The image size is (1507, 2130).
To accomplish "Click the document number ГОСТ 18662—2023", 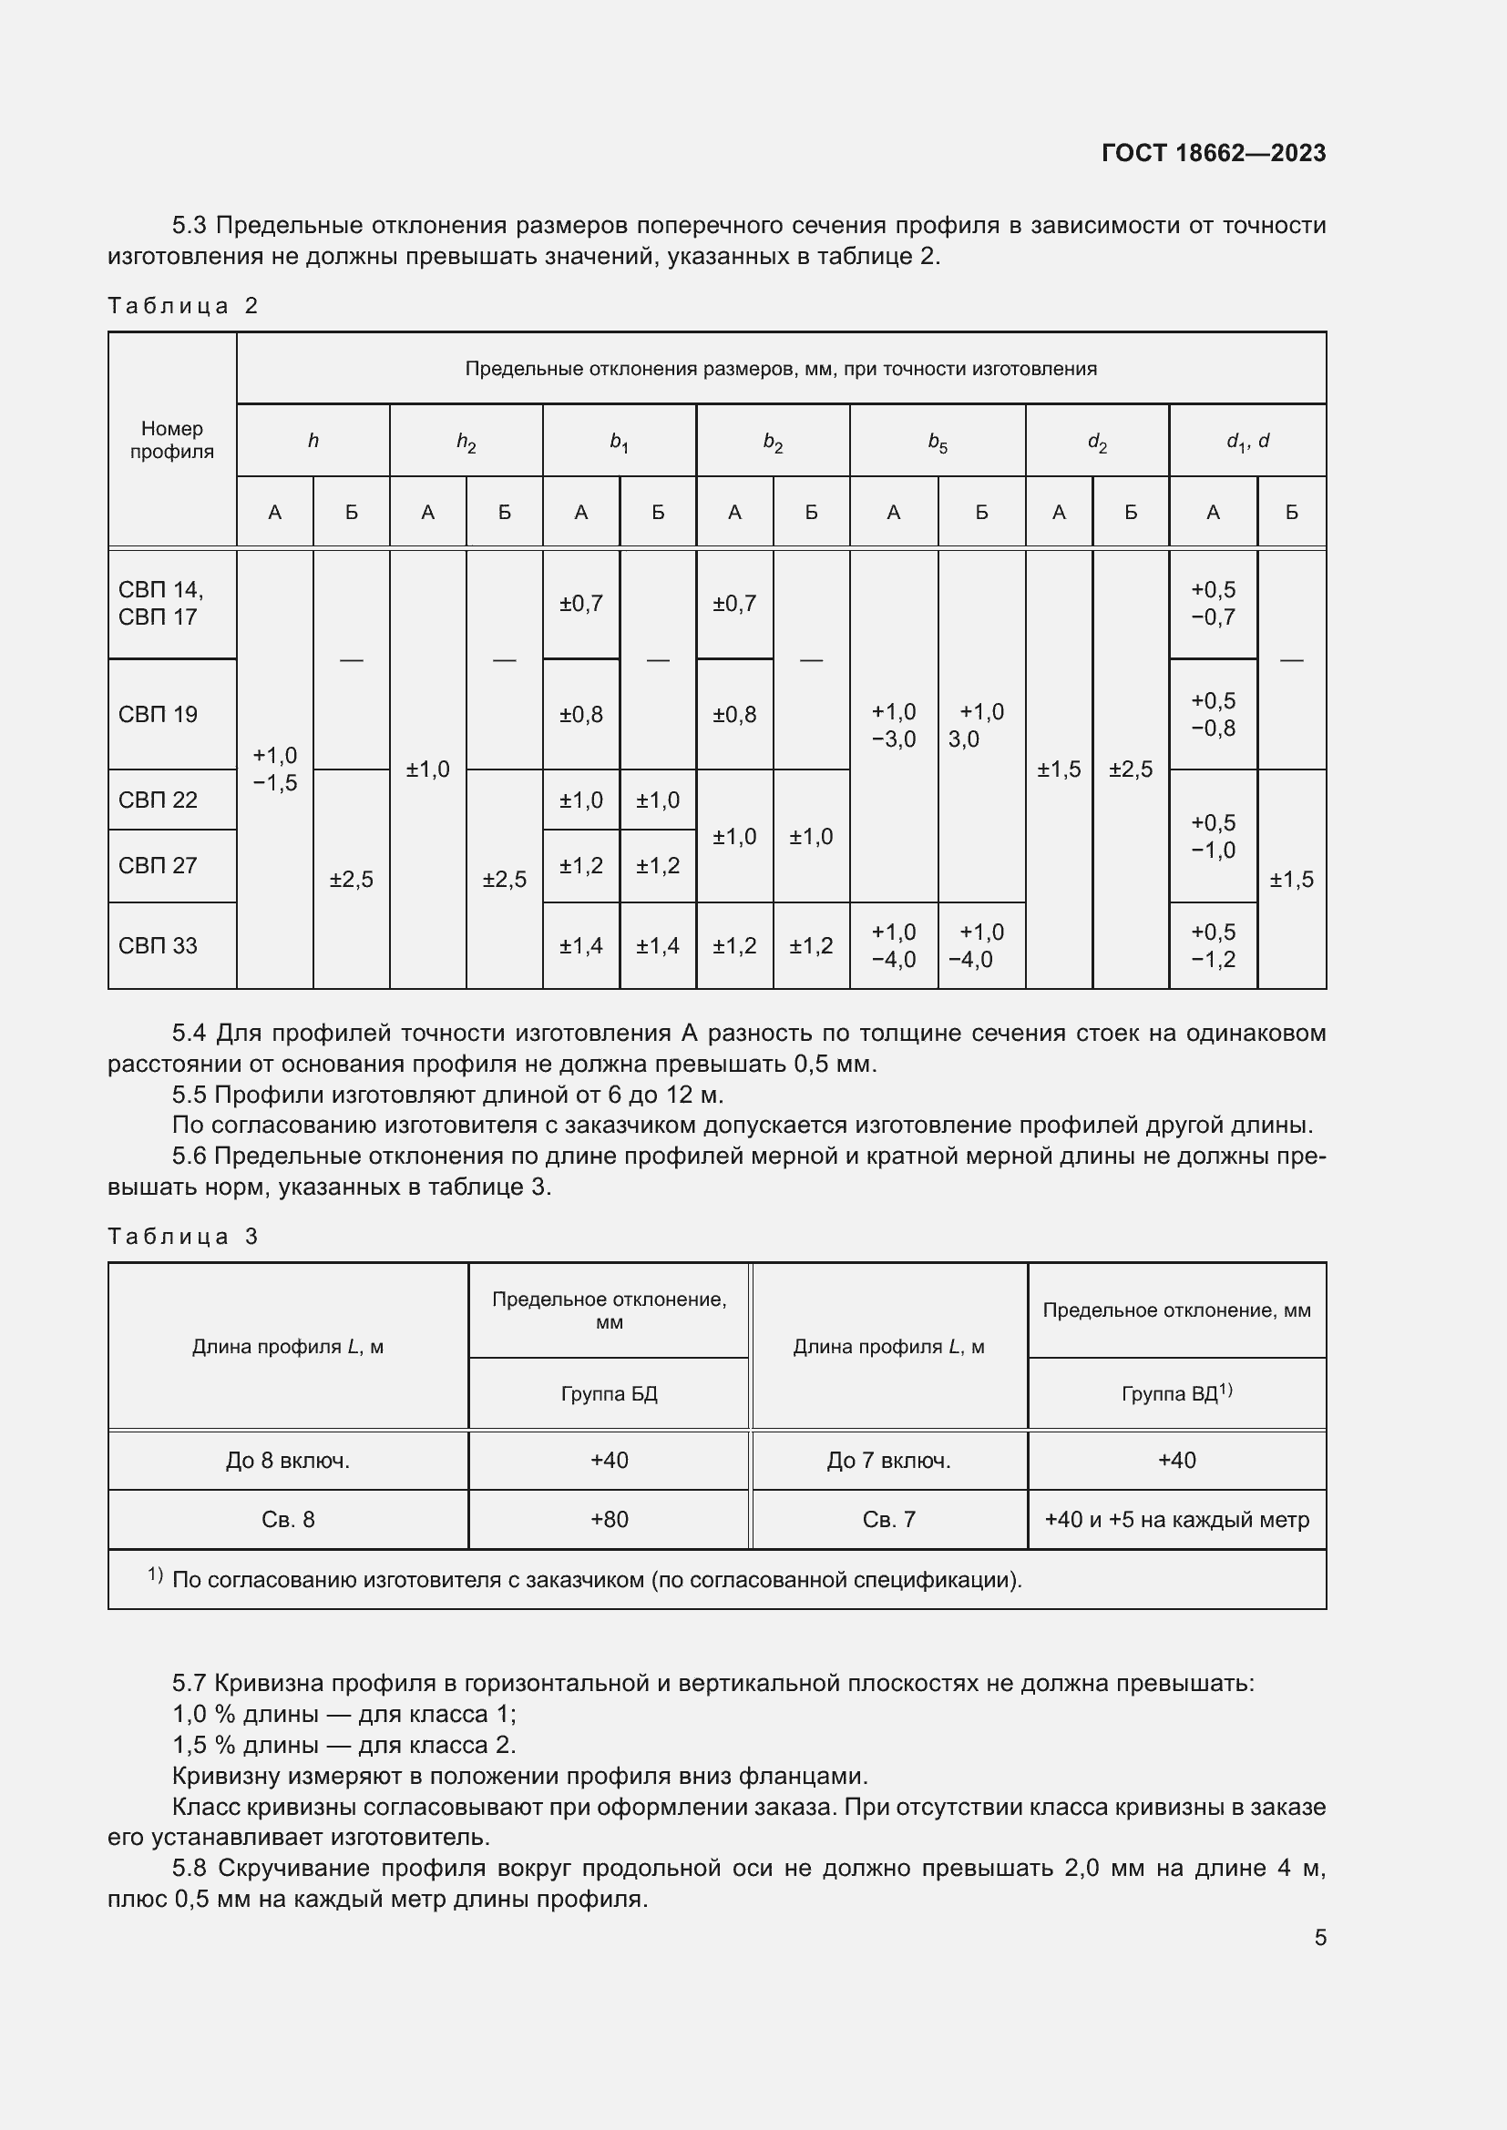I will tap(1213, 153).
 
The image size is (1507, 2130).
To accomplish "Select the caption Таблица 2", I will tap(183, 306).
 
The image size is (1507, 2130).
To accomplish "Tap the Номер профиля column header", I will tap(171, 440).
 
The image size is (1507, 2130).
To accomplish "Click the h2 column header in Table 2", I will tap(466, 442).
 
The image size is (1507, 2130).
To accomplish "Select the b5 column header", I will tap(938, 442).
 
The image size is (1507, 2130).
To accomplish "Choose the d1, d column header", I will tap(1247, 442).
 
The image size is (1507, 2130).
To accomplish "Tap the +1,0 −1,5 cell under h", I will tap(274, 769).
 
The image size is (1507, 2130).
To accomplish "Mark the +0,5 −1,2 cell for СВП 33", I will tap(1213, 945).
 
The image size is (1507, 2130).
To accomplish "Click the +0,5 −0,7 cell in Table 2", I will tap(1213, 603).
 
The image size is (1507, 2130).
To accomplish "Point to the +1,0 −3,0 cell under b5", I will tap(893, 725).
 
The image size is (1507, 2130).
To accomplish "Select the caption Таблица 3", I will tap(183, 1237).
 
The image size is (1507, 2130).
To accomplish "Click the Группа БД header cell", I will tap(609, 1393).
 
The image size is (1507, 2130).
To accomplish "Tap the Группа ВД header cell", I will tap(1175, 1393).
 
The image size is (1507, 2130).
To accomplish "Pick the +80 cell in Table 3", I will tap(609, 1520).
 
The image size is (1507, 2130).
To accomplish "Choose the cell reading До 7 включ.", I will tap(888, 1461).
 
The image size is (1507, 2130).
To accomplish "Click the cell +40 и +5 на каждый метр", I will tap(1175, 1520).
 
